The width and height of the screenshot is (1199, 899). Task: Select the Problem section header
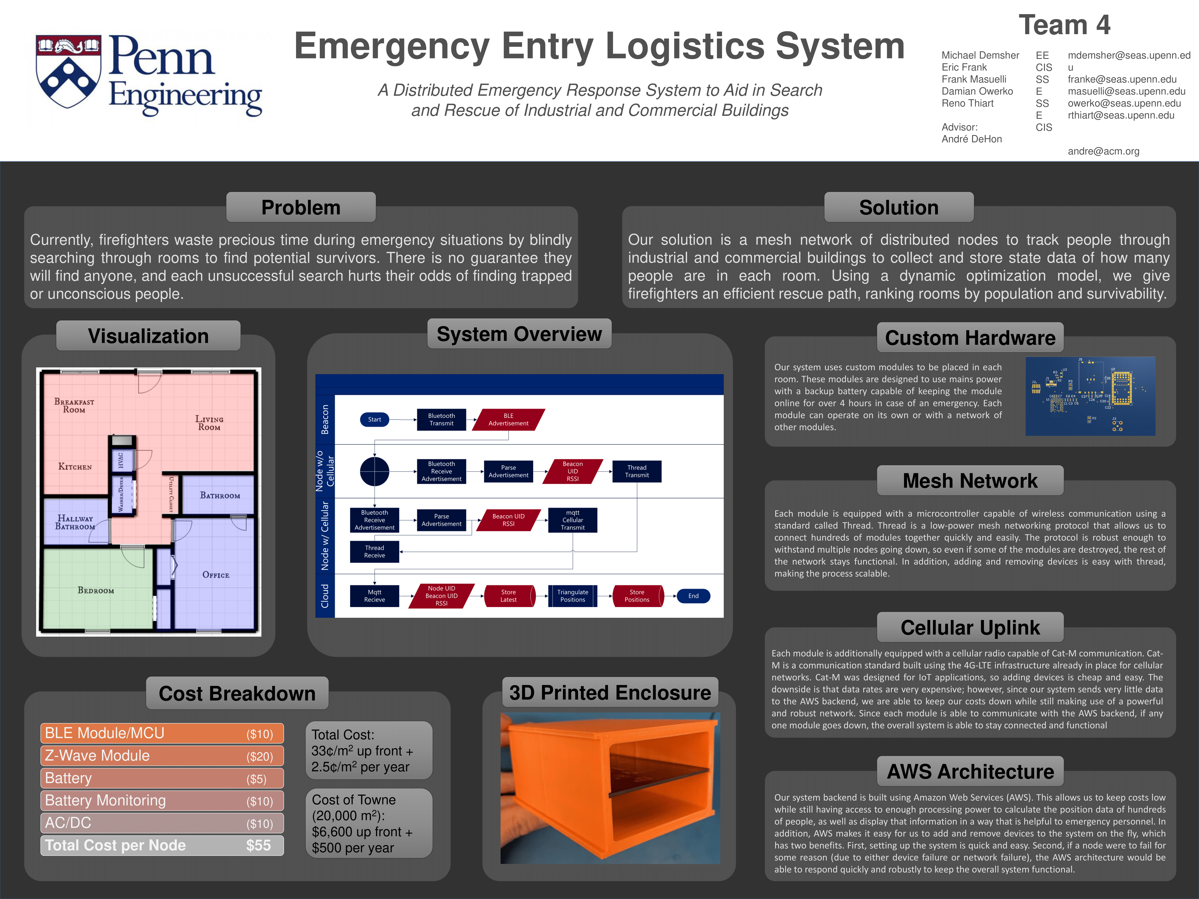[301, 208]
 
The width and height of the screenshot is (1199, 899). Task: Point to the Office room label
[216, 575]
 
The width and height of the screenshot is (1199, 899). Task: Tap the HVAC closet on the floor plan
[121, 460]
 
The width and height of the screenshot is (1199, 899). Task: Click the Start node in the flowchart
[375, 419]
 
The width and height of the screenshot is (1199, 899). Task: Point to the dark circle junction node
[375, 471]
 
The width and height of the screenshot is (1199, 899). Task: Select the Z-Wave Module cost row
[162, 756]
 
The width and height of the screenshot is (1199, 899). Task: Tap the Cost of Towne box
[369, 823]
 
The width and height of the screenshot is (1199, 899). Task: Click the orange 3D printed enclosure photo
[610, 788]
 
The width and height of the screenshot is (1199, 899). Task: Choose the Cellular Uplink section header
[970, 628]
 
